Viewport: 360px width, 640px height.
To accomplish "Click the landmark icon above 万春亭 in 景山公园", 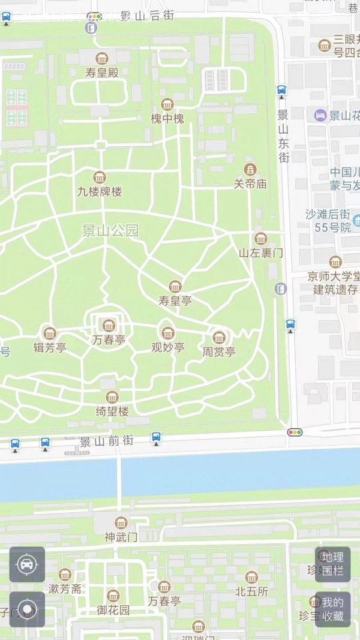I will [x=109, y=326].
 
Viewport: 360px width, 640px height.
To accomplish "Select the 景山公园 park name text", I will [x=110, y=231].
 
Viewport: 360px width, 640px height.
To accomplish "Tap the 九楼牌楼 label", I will [x=100, y=192].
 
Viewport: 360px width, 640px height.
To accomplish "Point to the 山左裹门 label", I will [x=260, y=253].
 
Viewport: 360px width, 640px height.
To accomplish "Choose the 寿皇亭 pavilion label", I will [x=175, y=301].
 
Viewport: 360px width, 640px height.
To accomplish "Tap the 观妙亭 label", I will [x=167, y=347].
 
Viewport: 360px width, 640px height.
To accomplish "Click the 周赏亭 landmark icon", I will [x=219, y=337].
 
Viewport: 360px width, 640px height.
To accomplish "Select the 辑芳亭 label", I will [x=49, y=347].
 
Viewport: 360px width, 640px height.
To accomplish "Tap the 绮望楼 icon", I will [x=112, y=397].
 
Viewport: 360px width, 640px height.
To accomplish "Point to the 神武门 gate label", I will [x=121, y=537].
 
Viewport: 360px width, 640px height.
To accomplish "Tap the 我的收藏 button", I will [x=332, y=609].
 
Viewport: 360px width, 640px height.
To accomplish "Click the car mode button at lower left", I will [x=27, y=564].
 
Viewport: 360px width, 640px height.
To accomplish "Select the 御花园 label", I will [x=113, y=611].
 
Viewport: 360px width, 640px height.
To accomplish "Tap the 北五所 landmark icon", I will [x=251, y=577].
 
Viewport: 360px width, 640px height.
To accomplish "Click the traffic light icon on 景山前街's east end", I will [x=295, y=432].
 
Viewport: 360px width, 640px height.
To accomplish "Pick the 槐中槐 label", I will [x=167, y=119].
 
